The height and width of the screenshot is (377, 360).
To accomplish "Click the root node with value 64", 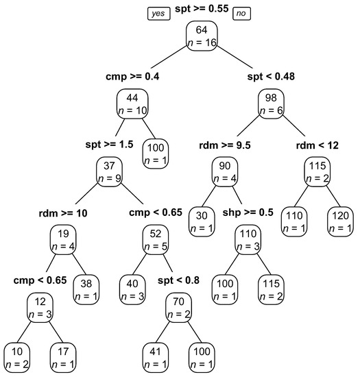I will click(201, 36).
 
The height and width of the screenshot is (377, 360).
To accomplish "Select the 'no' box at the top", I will click(241, 13).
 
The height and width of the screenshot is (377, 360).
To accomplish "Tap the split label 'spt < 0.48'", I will click(272, 77).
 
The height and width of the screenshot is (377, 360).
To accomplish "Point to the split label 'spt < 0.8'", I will click(180, 280).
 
